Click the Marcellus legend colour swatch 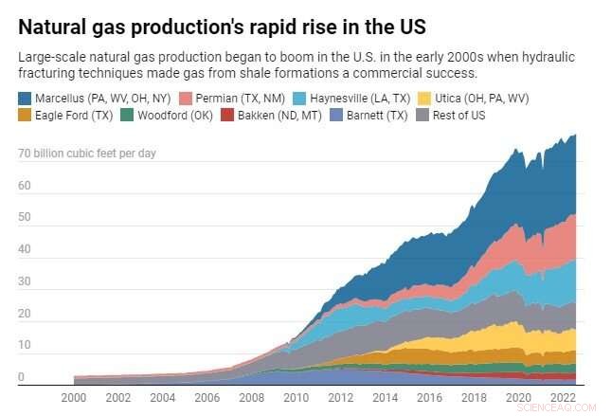(25, 98)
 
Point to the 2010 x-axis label (297, 396)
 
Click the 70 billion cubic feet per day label (87, 154)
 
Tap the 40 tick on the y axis (25, 250)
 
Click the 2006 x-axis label (207, 396)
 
